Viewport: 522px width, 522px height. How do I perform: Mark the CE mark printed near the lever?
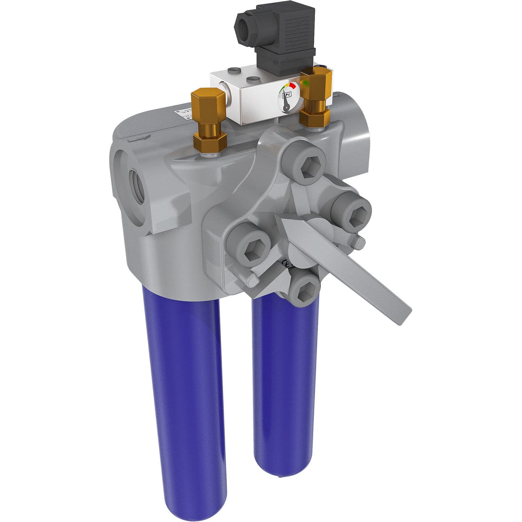tap(287, 263)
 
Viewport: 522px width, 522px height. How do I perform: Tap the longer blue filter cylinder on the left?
tap(184, 400)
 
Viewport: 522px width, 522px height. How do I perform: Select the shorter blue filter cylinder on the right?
tap(285, 383)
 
